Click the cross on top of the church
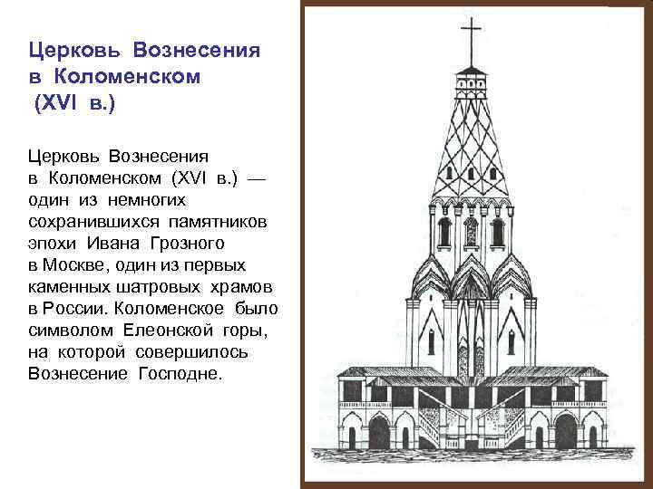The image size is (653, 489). coord(472,42)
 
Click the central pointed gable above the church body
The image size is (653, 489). coord(472,272)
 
